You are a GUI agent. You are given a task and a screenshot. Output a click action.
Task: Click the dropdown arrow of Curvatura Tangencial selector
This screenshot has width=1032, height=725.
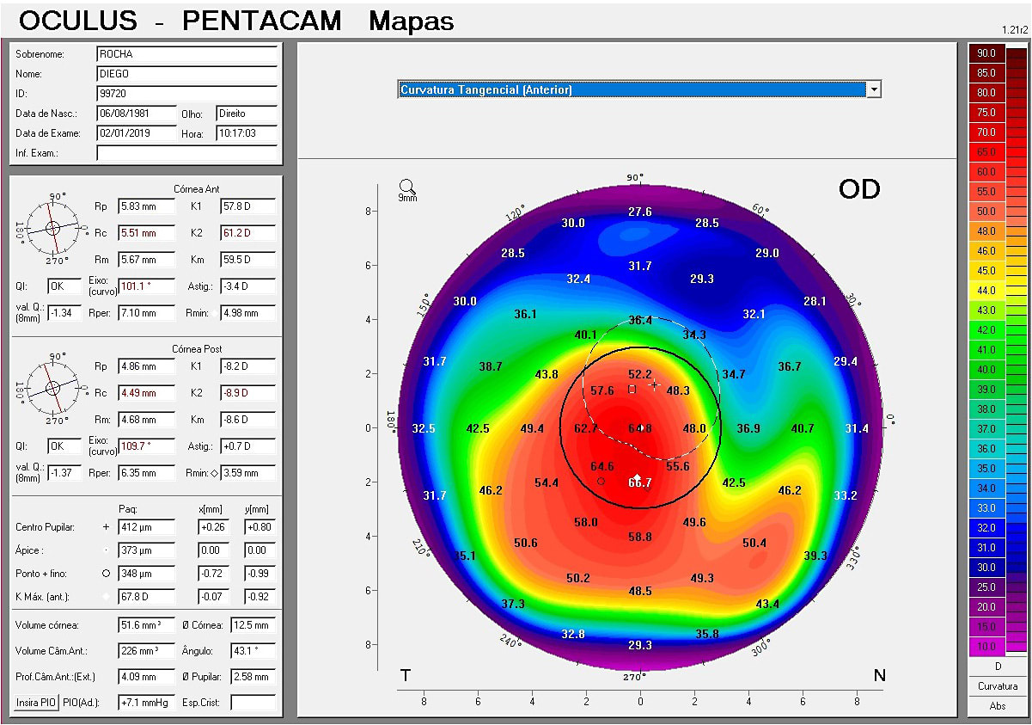coord(874,89)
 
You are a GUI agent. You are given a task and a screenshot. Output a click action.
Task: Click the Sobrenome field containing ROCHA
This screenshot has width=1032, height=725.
coord(186,54)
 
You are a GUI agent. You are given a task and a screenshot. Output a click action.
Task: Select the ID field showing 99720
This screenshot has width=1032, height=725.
coord(186,93)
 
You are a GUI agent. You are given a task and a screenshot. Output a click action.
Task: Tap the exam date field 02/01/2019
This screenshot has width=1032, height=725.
coord(136,133)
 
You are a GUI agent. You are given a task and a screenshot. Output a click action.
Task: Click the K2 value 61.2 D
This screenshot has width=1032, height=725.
coord(247,233)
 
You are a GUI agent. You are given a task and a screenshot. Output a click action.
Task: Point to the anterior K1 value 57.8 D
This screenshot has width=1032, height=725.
coord(247,206)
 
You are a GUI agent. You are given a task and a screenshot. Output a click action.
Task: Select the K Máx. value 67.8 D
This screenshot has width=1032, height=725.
coord(146,597)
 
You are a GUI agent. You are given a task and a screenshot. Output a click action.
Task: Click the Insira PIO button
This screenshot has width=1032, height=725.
coord(36,703)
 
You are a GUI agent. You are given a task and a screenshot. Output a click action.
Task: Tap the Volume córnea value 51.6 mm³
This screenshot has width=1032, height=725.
coord(146,625)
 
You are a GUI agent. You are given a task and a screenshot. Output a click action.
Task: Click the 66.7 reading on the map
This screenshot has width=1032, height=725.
coord(639,483)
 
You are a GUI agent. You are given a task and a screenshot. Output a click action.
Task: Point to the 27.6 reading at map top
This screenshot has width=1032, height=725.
coord(639,212)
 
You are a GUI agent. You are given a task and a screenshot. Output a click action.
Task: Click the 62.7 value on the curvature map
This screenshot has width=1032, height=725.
coord(586,428)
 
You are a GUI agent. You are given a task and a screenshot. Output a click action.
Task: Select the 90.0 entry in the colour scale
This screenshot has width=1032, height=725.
coord(986,53)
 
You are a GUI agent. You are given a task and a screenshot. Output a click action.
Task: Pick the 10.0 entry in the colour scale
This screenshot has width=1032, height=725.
coord(986,646)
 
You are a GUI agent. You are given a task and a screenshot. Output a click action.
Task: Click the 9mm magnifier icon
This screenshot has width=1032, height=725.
coord(407,187)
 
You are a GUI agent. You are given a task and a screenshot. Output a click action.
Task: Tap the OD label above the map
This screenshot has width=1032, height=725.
coord(859,190)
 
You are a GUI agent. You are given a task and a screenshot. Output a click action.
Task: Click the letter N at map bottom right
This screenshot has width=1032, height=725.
coord(879,676)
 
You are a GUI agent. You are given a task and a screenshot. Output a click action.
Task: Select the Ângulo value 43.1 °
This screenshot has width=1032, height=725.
coord(253,651)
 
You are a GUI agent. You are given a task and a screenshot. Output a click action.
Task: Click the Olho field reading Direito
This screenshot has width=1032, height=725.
coord(246,114)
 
